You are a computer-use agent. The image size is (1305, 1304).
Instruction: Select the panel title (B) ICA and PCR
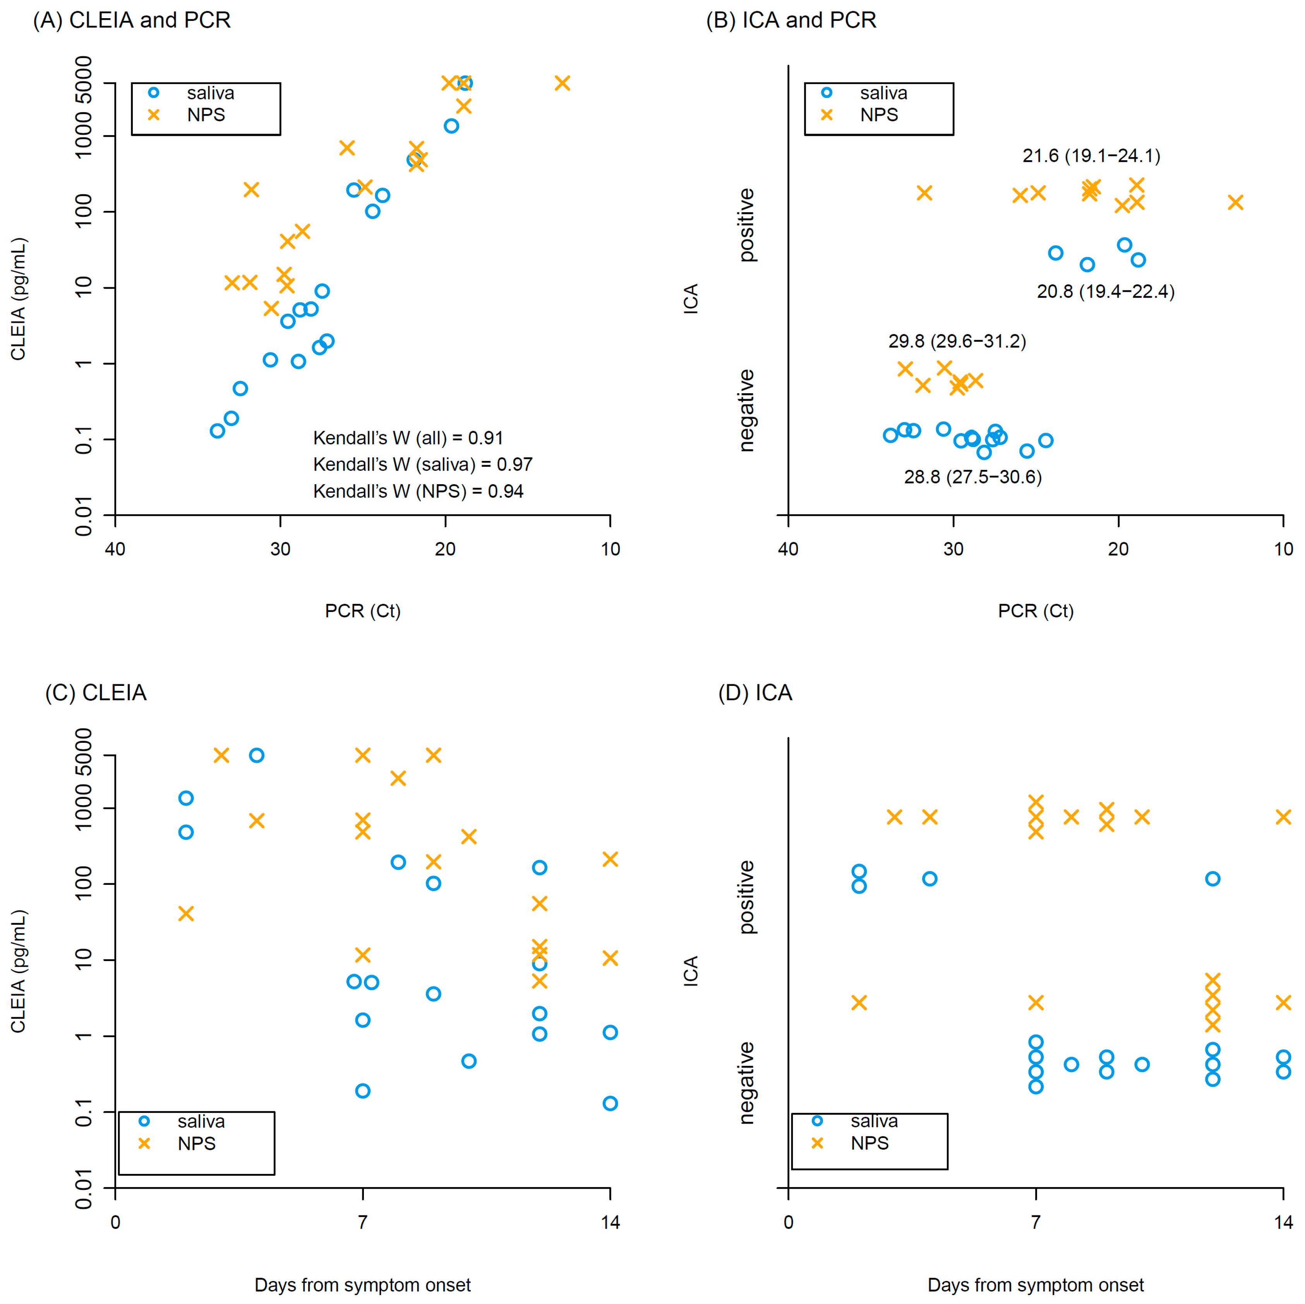point(791,20)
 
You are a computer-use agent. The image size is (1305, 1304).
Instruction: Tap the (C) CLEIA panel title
point(96,693)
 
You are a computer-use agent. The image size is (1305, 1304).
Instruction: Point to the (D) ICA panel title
point(755,693)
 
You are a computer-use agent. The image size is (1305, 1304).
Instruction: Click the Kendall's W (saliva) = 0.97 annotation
point(423,464)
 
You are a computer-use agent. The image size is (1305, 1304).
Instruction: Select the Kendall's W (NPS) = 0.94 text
point(418,492)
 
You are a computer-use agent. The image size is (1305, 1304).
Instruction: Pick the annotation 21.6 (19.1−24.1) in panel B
point(1091,156)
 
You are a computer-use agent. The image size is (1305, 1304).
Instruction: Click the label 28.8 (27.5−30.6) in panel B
point(973,477)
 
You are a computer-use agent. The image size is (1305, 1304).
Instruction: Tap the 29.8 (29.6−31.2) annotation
point(957,341)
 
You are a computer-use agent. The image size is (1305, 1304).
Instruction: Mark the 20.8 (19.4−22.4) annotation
point(1106,292)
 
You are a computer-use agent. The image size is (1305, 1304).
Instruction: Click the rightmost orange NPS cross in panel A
point(562,83)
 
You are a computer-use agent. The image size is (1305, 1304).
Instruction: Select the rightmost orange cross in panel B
point(1235,202)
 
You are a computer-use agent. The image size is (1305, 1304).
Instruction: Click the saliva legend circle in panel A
point(154,93)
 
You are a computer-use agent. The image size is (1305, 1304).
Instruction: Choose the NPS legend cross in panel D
point(817,1143)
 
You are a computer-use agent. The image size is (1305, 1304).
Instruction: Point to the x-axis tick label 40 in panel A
point(115,549)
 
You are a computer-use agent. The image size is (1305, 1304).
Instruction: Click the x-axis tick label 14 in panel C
point(610,1222)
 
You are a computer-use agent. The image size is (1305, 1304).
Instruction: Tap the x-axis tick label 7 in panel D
point(1036,1222)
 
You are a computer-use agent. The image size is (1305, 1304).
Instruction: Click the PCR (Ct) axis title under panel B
point(1036,611)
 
